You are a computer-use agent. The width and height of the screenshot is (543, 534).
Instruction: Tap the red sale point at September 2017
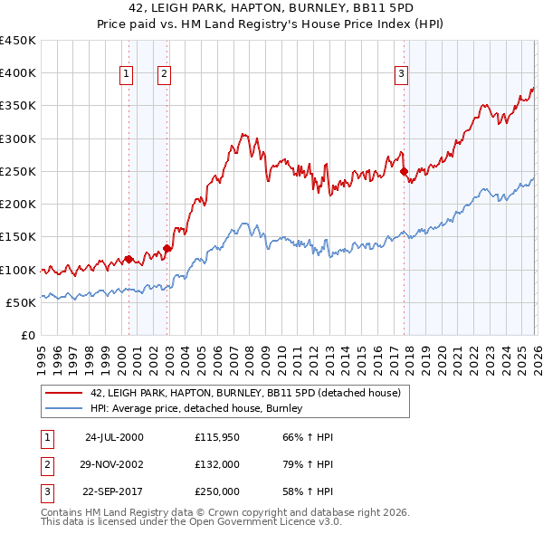[x=404, y=171]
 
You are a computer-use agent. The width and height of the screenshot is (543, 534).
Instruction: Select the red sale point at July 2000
[x=129, y=259]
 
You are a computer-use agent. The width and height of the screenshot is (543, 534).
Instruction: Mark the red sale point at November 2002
[x=167, y=249]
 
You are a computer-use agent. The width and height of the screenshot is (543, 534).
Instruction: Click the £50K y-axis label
[x=22, y=302]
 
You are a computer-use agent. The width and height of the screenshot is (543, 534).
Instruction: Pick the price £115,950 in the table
[x=216, y=437]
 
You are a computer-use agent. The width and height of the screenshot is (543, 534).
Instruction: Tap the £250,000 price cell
[x=216, y=492]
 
